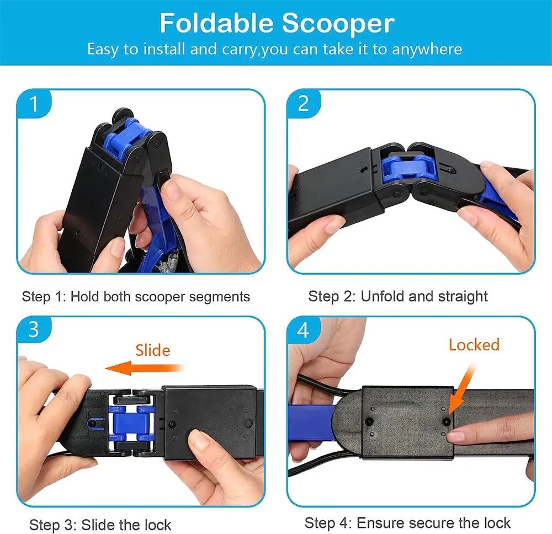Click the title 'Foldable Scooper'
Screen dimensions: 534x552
(x=277, y=24)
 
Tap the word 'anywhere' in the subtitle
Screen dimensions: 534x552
(x=427, y=49)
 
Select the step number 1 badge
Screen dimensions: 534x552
(x=34, y=104)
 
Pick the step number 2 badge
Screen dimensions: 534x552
(x=303, y=104)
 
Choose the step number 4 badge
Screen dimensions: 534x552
(x=303, y=330)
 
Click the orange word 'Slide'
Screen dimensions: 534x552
(x=153, y=350)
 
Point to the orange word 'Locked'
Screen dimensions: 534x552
(x=474, y=345)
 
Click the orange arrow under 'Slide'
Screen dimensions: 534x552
(x=144, y=368)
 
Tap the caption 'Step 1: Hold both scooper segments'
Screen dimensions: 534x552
(x=136, y=296)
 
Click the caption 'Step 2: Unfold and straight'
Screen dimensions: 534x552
(x=398, y=296)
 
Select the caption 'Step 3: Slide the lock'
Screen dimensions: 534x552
(x=100, y=524)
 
